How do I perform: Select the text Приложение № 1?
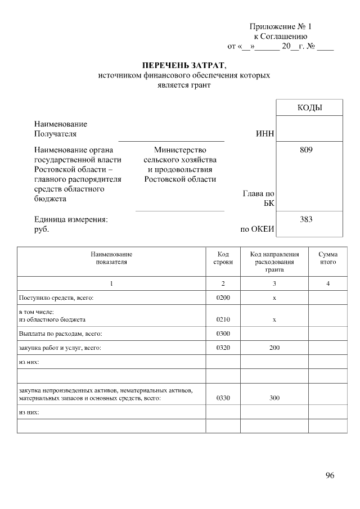pyautogui.click(x=280, y=26)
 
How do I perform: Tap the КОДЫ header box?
pyautogui.click(x=309, y=107)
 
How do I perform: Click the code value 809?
pyautogui.click(x=306, y=150)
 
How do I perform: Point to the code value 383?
pyautogui.click(x=306, y=219)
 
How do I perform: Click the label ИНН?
pyautogui.click(x=265, y=134)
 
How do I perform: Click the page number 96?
pyautogui.click(x=330, y=475)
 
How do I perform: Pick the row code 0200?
pyautogui.click(x=223, y=297)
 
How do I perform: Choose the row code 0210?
pyautogui.click(x=223, y=319)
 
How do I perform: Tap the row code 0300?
pyautogui.click(x=223, y=334)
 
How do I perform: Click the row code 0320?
pyautogui.click(x=223, y=348)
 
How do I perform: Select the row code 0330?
pyautogui.click(x=223, y=398)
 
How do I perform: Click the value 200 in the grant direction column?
pyautogui.click(x=274, y=348)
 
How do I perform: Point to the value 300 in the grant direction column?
pyautogui.click(x=274, y=398)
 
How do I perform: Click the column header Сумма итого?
pyautogui.click(x=327, y=258)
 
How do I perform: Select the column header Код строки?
pyautogui.click(x=223, y=258)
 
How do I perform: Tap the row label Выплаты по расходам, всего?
pyautogui.click(x=60, y=334)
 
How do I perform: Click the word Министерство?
pyautogui.click(x=180, y=150)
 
